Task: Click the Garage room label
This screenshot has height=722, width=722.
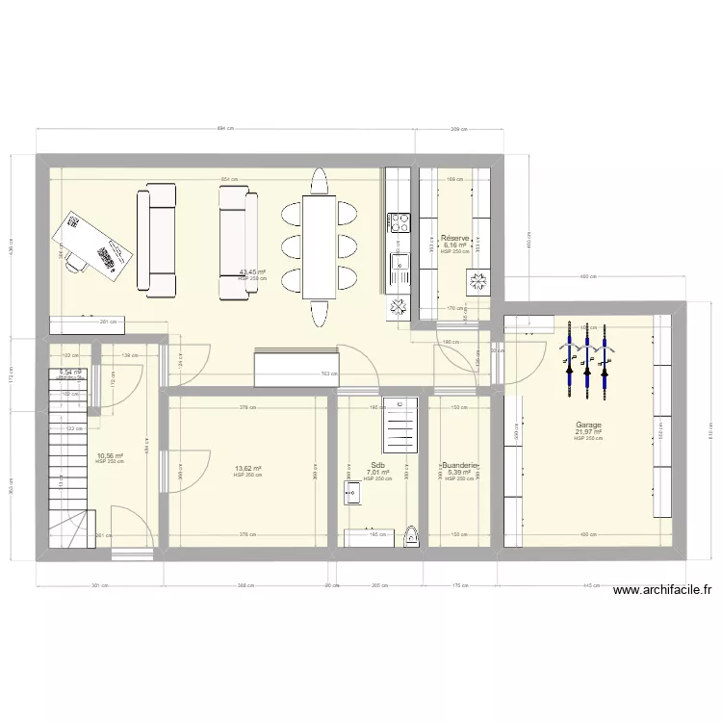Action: (589, 425)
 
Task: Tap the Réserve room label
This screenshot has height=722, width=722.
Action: (454, 238)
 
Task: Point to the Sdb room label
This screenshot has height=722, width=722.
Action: (377, 465)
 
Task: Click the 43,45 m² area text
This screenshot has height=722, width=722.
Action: (252, 271)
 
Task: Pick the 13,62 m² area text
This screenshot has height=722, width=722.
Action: (247, 469)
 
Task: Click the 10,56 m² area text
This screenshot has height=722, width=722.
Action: (110, 456)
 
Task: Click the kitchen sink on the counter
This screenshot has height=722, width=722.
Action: (398, 261)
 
